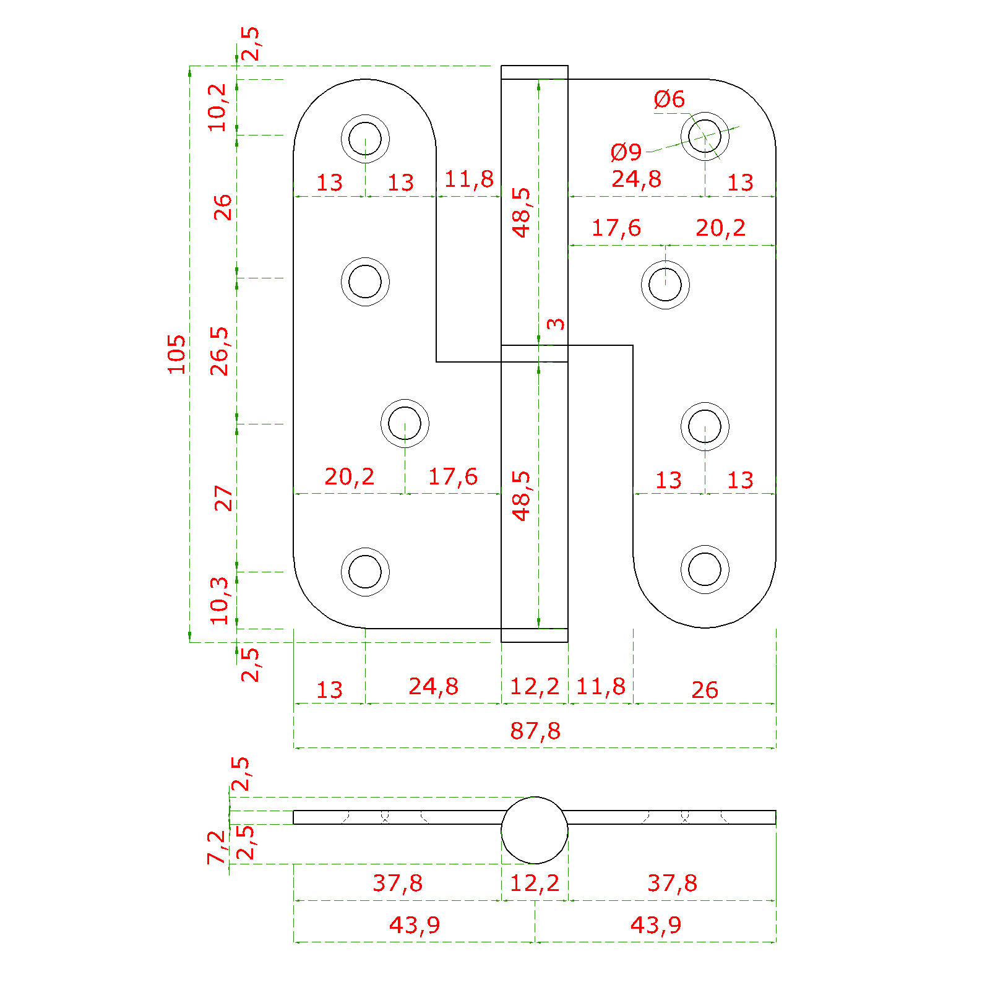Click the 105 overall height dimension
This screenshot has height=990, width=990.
click(x=176, y=354)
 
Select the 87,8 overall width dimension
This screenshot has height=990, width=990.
click(x=535, y=731)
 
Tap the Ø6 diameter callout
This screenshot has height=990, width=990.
click(x=669, y=99)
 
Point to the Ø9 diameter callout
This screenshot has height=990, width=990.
click(x=626, y=152)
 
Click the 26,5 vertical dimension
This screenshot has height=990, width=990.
click(x=220, y=351)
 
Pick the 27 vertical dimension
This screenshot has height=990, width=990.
click(x=223, y=498)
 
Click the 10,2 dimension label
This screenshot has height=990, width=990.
click(x=218, y=107)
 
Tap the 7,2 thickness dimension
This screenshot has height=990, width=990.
click(x=217, y=847)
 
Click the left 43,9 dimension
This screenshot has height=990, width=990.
click(x=415, y=925)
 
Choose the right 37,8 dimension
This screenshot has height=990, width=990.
click(x=673, y=883)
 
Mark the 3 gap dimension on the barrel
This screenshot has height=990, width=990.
click(x=556, y=324)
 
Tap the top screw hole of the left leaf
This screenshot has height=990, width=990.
click(x=365, y=138)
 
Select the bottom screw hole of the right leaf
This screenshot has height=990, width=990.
click(x=705, y=569)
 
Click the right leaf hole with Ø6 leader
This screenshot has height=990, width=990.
click(x=705, y=136)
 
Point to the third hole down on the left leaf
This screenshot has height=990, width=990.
click(x=405, y=423)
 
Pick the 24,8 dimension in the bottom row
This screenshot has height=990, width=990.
click(x=434, y=686)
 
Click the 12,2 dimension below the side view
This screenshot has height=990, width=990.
click(x=535, y=883)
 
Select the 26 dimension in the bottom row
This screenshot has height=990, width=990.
click(x=705, y=690)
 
